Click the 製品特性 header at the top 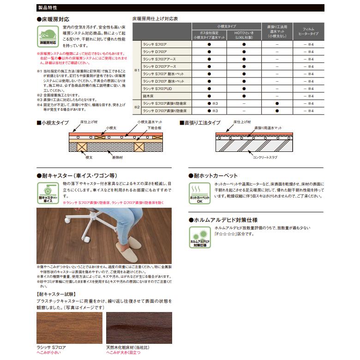[x=48, y=7]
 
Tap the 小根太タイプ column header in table [x=226, y=27]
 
